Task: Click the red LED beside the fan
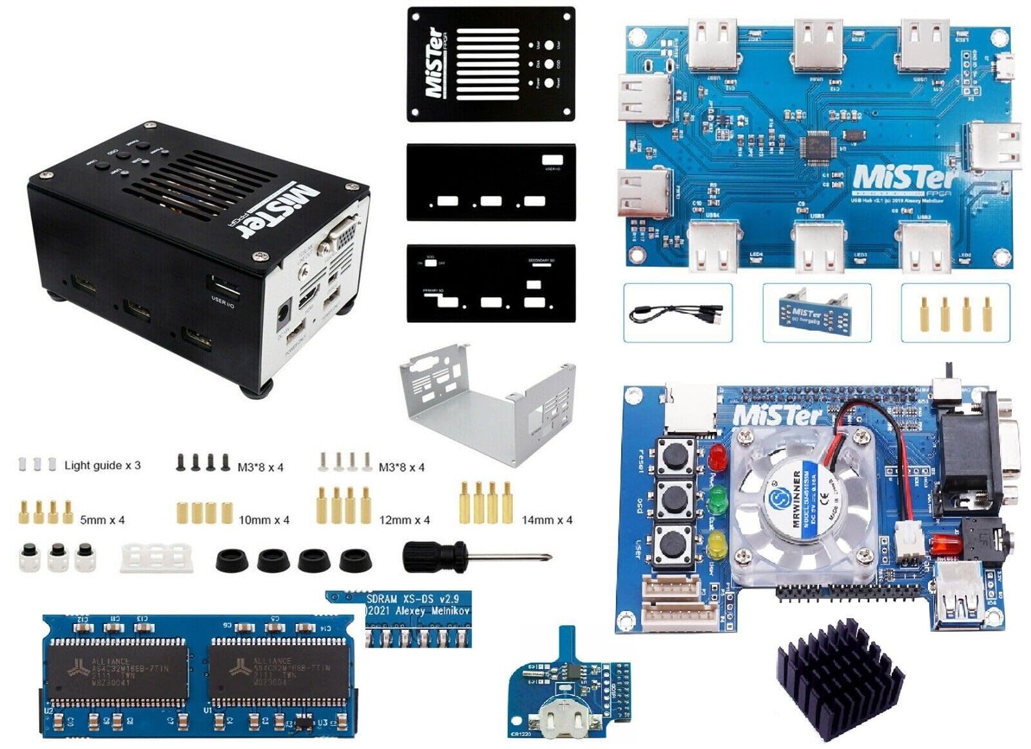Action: [x=715, y=458]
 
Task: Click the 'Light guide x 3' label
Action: [x=102, y=465]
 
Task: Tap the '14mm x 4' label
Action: [x=546, y=520]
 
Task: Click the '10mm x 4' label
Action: [x=264, y=520]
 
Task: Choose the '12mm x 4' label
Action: [x=404, y=520]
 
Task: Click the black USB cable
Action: [x=677, y=314]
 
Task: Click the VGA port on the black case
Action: [x=343, y=235]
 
